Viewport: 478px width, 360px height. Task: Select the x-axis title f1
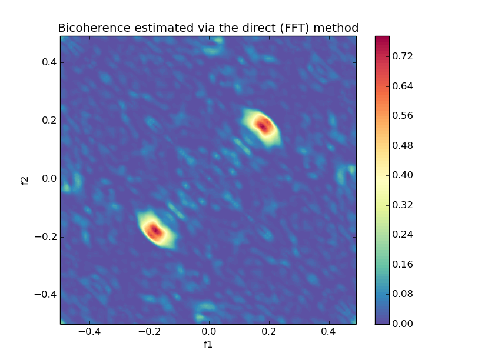(208, 344)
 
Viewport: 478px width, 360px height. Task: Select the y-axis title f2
(25, 180)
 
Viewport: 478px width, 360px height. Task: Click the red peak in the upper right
(263, 125)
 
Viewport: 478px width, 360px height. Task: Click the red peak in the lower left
(154, 231)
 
